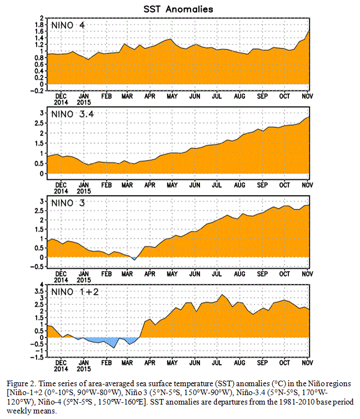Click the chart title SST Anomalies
[x=179, y=9]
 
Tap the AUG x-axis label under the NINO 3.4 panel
[x=239, y=184]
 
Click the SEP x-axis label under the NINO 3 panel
[x=262, y=272]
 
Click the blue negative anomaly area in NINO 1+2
[x=111, y=341]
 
